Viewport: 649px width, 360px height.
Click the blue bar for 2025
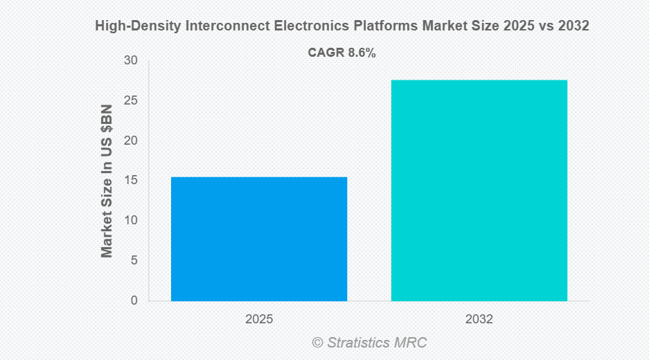coord(259,239)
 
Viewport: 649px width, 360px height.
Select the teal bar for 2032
coord(479,190)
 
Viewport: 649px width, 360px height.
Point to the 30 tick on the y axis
coord(131,61)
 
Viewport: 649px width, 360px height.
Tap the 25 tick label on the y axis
coord(131,101)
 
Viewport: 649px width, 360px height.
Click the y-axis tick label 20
coord(131,141)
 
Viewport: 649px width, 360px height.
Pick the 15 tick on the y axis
coord(131,181)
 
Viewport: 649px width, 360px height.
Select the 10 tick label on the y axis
coord(131,220)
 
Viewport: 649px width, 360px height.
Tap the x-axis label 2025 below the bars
coord(259,319)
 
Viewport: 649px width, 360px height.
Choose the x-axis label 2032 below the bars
coord(479,319)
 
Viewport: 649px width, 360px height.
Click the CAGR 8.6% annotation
coord(341,53)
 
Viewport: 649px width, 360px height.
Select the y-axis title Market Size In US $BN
coord(107,181)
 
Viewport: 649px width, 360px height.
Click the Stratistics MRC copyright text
coord(369,342)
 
